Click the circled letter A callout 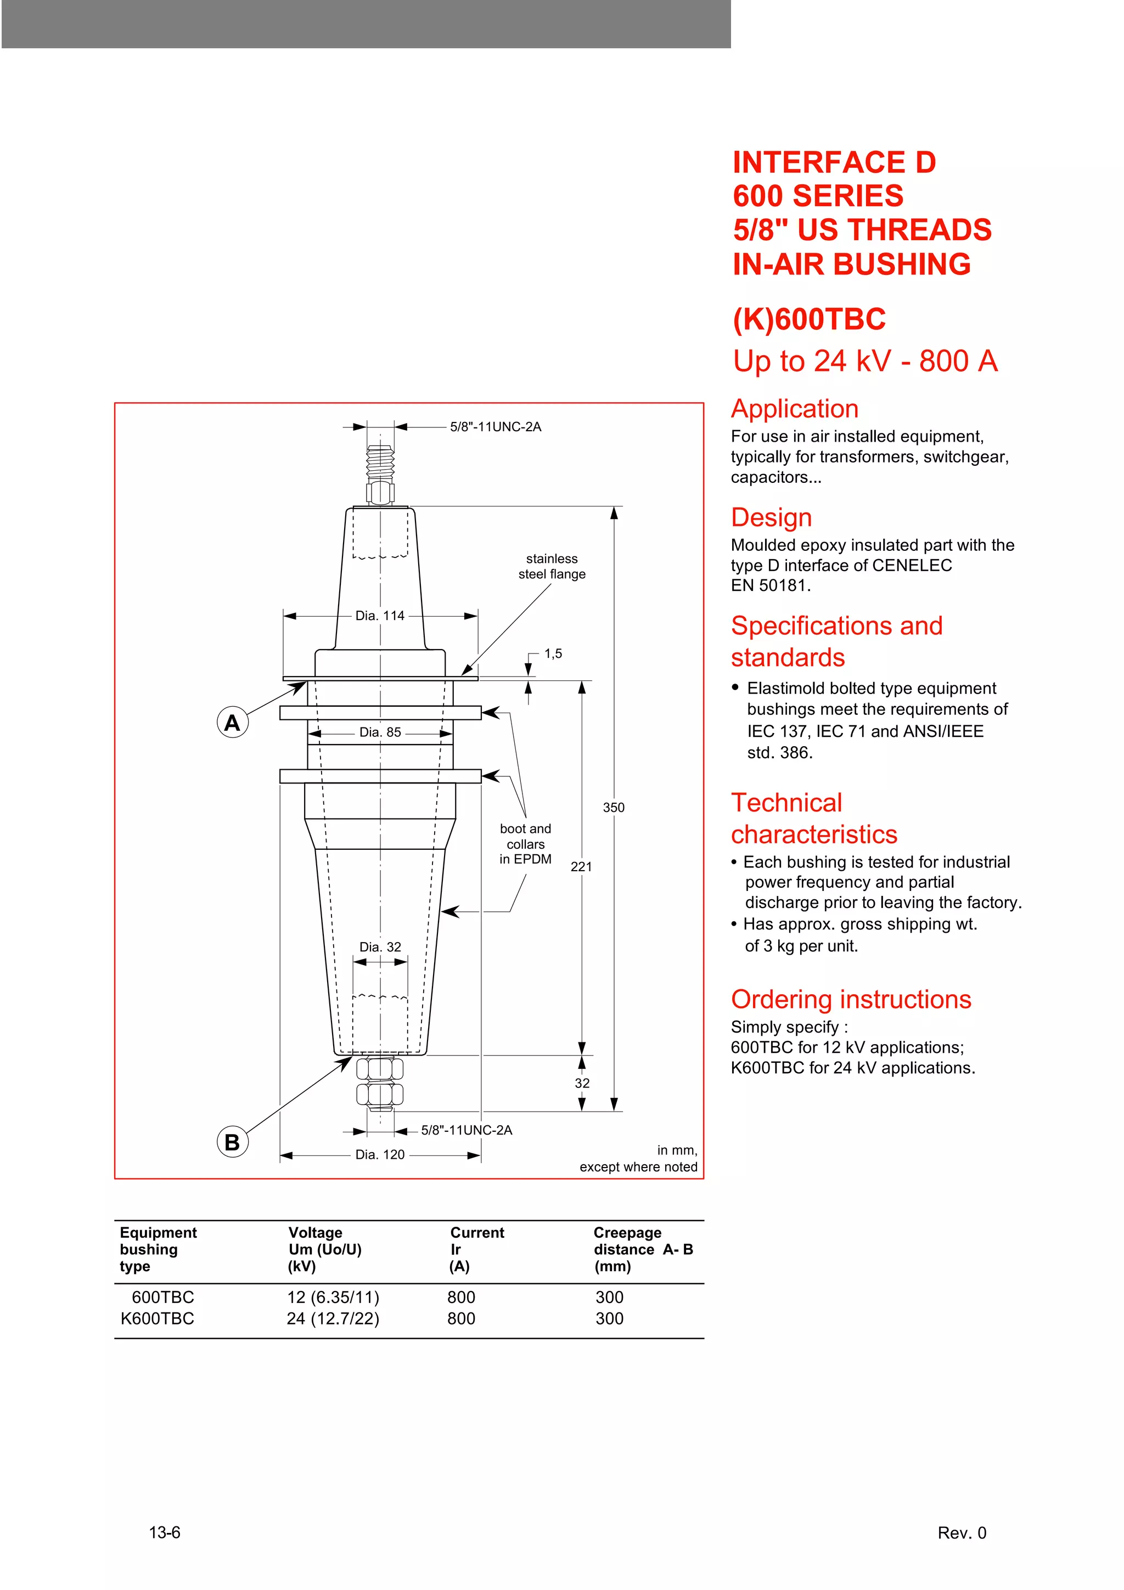click(232, 722)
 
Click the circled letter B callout click(232, 1142)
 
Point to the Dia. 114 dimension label click(379, 616)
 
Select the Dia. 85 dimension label click(379, 732)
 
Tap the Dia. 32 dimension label click(379, 946)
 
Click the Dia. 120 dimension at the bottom click(379, 1154)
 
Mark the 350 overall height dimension click(614, 808)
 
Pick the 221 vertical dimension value click(581, 866)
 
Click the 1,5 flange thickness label click(553, 654)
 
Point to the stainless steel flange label click(552, 566)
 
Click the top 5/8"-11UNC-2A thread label click(495, 427)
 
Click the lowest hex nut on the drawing click(379, 1094)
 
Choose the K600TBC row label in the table click(157, 1318)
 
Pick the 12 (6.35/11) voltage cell click(333, 1297)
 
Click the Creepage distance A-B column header click(643, 1249)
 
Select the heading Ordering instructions click(851, 999)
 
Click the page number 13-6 click(165, 1532)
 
